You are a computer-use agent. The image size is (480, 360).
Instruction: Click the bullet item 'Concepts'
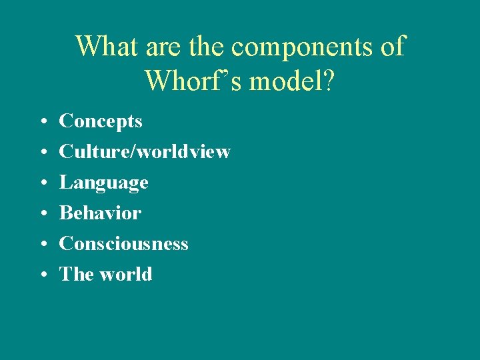coord(101,121)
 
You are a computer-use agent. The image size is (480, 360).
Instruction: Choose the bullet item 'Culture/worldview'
coord(145,152)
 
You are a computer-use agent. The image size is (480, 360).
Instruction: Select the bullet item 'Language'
coord(103,183)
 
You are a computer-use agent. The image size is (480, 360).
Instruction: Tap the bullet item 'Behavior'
coord(100,213)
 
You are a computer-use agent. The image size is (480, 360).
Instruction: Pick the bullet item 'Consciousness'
coord(123,244)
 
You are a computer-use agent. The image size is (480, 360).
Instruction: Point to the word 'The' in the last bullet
coord(73,274)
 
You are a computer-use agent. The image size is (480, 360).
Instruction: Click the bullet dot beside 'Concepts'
coord(42,122)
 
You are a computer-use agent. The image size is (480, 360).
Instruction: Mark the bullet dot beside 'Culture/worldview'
coord(42,153)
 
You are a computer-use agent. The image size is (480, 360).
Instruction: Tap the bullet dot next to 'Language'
coord(42,183)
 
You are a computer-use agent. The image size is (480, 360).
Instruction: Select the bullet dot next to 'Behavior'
coord(42,214)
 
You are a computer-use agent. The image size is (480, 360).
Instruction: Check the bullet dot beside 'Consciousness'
coord(42,245)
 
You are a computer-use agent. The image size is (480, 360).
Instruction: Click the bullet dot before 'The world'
coord(42,275)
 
